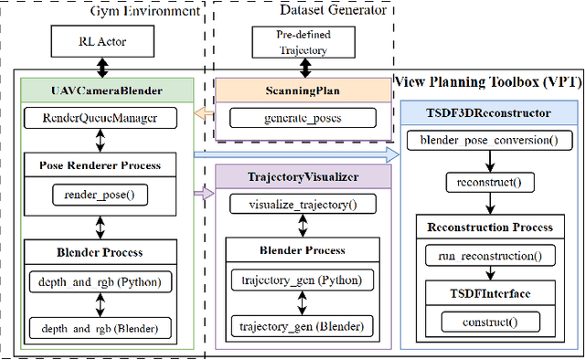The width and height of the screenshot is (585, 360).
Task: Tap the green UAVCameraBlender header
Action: tap(108, 89)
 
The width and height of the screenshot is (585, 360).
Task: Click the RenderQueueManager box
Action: tap(108, 118)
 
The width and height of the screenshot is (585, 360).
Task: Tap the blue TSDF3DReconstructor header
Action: tap(490, 112)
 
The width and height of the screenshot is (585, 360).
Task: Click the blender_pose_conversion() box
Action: tap(490, 141)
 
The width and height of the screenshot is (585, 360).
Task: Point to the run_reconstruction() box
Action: tap(490, 257)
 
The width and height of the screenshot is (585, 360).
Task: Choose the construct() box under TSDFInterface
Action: tap(490, 323)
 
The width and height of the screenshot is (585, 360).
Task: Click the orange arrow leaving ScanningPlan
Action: tap(207, 115)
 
